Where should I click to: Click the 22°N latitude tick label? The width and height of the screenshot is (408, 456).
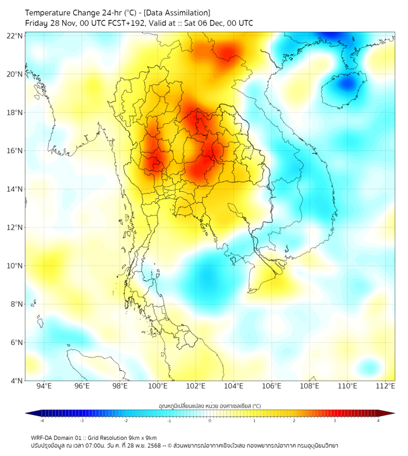pyautogui.click(x=15, y=36)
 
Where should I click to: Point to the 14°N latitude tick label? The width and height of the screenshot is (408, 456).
pyautogui.click(x=15, y=189)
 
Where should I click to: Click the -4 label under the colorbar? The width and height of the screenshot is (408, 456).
pyautogui.click(x=41, y=420)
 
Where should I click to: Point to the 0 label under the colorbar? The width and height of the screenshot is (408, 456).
pyautogui.click(x=210, y=420)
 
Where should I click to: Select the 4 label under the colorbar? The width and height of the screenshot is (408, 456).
pyautogui.click(x=378, y=420)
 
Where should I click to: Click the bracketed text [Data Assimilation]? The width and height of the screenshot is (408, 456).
pyautogui.click(x=176, y=13)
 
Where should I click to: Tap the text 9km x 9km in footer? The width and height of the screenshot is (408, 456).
pyautogui.click(x=141, y=437)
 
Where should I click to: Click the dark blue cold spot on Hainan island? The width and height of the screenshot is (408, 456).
pyautogui.click(x=346, y=83)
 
